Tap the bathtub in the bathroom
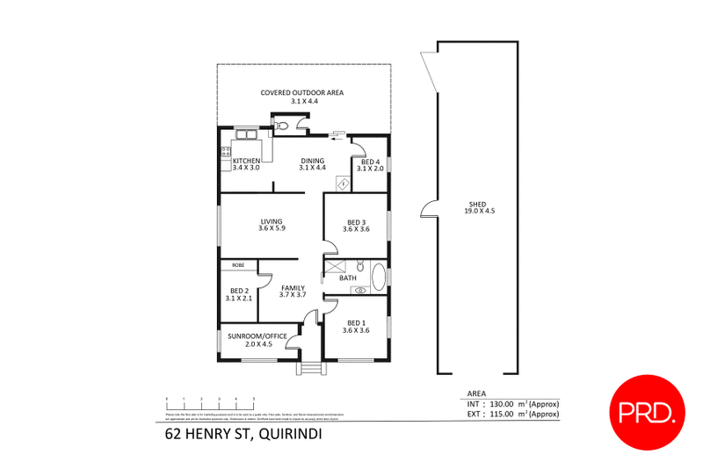(x=379, y=277)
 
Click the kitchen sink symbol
(x=243, y=134)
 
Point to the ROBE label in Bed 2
(x=237, y=264)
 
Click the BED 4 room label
(x=371, y=162)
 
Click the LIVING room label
(x=272, y=221)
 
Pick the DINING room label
(x=312, y=161)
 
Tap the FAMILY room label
(x=292, y=288)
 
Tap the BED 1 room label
(x=356, y=322)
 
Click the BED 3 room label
(x=356, y=222)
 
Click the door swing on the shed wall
(x=427, y=209)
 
